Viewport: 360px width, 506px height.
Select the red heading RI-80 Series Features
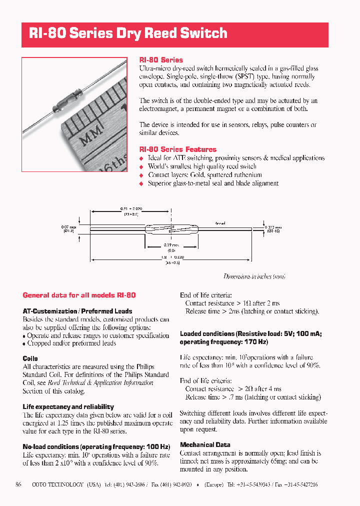(x=177, y=149)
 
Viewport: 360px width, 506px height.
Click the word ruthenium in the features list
(x=245, y=175)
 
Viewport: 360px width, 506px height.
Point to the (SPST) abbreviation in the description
(x=246, y=76)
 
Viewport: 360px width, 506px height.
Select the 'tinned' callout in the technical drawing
(x=220, y=223)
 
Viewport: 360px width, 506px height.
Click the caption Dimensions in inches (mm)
(x=254, y=276)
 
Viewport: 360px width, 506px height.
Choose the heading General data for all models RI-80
(x=79, y=295)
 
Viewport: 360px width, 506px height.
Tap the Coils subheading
(x=30, y=358)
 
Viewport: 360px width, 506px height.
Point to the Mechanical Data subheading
(x=205, y=444)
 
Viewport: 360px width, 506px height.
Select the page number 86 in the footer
(x=18, y=484)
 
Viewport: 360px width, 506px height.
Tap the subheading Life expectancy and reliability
(x=68, y=407)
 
